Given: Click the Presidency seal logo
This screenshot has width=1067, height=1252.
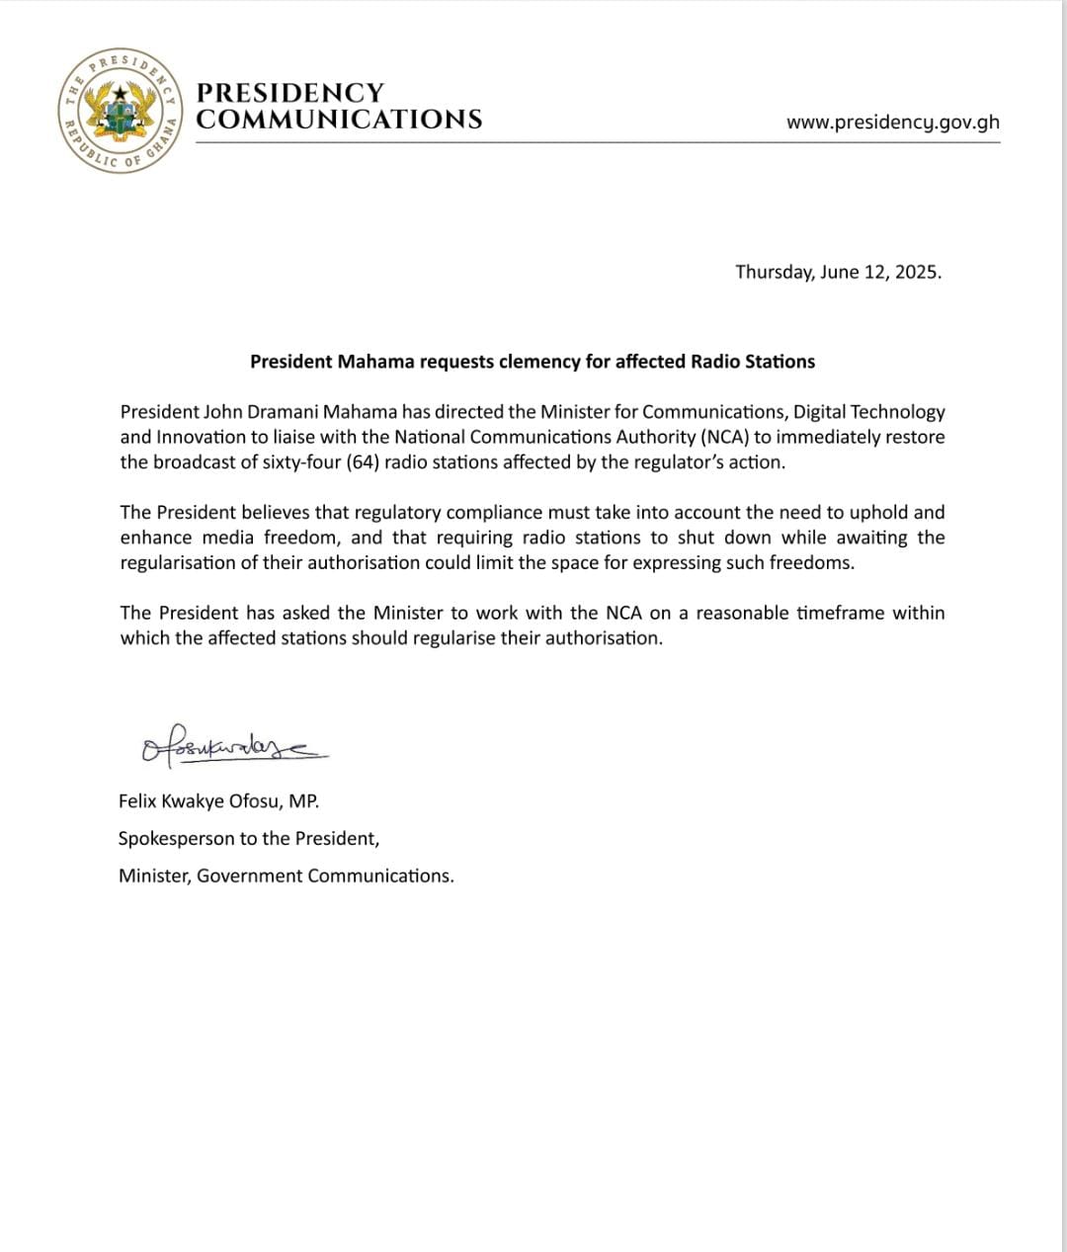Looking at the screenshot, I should [x=120, y=110].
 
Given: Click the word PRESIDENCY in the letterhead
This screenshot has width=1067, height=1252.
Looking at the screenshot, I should [x=289, y=93].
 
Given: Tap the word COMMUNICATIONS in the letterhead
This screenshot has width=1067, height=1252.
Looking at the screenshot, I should [x=339, y=120].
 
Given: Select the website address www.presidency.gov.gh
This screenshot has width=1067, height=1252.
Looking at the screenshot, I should [x=892, y=123].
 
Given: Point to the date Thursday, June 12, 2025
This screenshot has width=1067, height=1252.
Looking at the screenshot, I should [x=838, y=272].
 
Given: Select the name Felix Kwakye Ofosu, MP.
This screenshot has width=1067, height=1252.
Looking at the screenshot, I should [x=218, y=801].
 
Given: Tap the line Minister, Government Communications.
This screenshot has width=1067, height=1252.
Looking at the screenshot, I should [x=286, y=876].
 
